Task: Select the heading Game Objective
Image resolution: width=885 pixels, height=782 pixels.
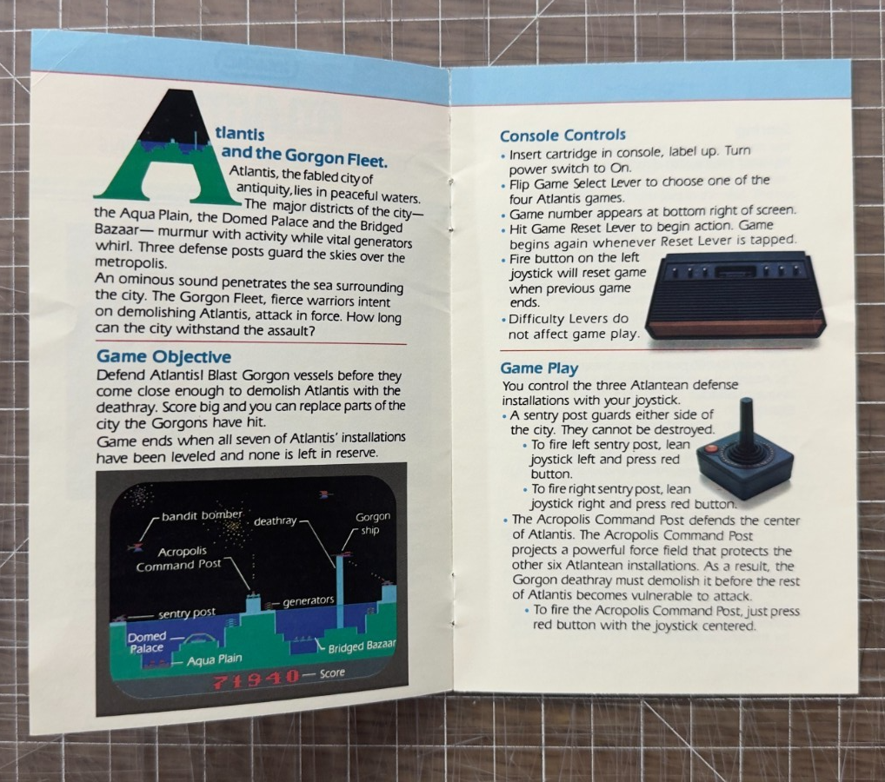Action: [x=163, y=356]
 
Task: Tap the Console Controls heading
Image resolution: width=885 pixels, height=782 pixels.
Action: [x=562, y=136]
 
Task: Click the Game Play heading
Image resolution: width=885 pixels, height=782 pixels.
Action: [x=539, y=368]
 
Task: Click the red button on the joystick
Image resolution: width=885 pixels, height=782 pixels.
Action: [x=711, y=450]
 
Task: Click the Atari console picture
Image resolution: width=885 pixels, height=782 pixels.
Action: [x=735, y=296]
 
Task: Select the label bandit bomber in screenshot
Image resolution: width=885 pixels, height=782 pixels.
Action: [x=202, y=515]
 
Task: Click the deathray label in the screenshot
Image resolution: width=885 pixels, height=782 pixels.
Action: [x=275, y=520]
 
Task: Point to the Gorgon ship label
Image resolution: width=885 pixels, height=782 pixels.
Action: [x=372, y=523]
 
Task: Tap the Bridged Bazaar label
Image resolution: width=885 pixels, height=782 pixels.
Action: [x=362, y=646]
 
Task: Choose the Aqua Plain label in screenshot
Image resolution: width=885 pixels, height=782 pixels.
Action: [x=215, y=659]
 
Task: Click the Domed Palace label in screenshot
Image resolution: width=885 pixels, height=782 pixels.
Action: [x=147, y=642]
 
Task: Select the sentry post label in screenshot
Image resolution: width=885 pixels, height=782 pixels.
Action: [x=186, y=613]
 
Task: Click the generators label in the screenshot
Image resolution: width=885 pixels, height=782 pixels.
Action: [x=308, y=601]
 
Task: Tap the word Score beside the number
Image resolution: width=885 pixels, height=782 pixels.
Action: [x=332, y=673]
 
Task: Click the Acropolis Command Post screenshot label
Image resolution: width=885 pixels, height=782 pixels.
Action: [x=179, y=558]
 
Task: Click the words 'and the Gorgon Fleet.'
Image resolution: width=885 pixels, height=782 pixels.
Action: [x=305, y=156]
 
